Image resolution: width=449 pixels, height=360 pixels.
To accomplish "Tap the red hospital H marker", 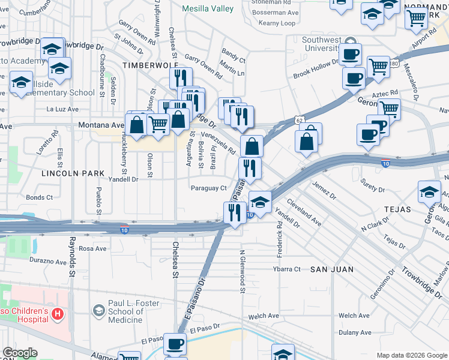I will point(57,313).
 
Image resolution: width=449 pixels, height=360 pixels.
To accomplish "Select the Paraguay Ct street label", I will point(208,188).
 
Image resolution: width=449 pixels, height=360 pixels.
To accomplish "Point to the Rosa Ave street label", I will point(92,248).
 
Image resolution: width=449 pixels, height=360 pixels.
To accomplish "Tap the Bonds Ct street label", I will point(40,197).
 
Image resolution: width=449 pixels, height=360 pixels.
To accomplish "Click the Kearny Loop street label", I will point(277,23).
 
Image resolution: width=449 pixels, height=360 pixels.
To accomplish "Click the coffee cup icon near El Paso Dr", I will point(175,344).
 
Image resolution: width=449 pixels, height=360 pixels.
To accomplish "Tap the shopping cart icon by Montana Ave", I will point(158,125).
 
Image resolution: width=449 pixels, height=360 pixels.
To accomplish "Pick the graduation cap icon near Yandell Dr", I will point(260,200).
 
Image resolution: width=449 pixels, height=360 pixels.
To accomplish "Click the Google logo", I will point(20,353).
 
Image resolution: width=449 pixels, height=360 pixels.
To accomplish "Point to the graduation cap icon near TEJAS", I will point(429,192).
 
